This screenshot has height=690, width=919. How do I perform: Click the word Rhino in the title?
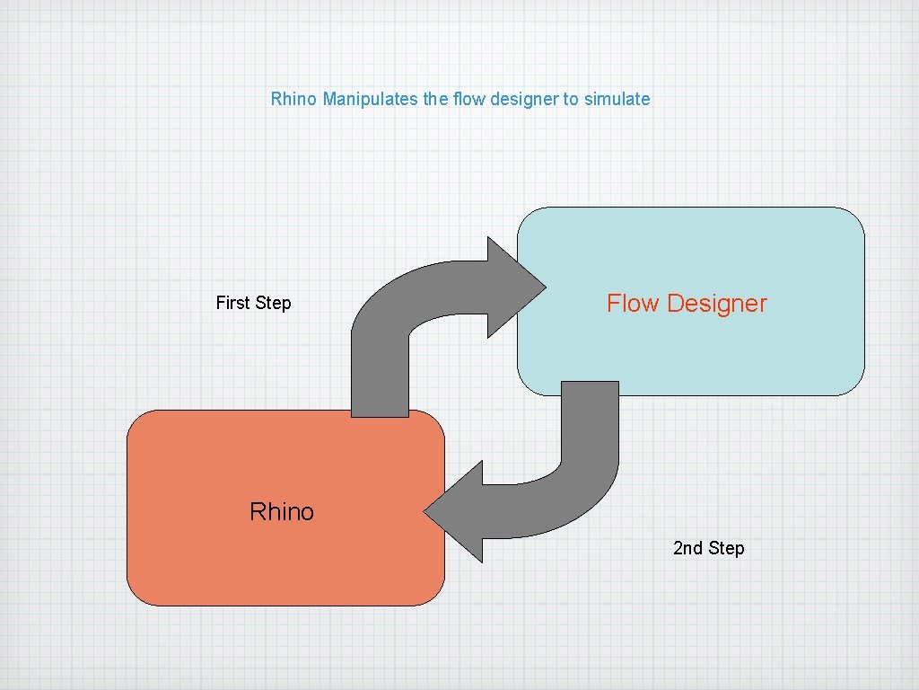click(293, 99)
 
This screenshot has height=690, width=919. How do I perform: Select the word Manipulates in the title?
click(370, 99)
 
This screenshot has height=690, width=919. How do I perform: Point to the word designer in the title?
click(524, 99)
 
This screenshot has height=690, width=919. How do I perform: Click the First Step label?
click(253, 303)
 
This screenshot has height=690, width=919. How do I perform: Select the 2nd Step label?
click(708, 548)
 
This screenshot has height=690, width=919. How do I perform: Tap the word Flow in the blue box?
click(633, 304)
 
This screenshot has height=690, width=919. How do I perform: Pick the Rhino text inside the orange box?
click(282, 512)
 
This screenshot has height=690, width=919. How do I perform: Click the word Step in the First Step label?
click(273, 303)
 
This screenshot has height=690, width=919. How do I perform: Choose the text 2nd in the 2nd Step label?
click(688, 548)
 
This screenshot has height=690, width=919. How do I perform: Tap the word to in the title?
click(571, 99)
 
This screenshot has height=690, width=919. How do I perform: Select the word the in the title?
click(436, 99)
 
